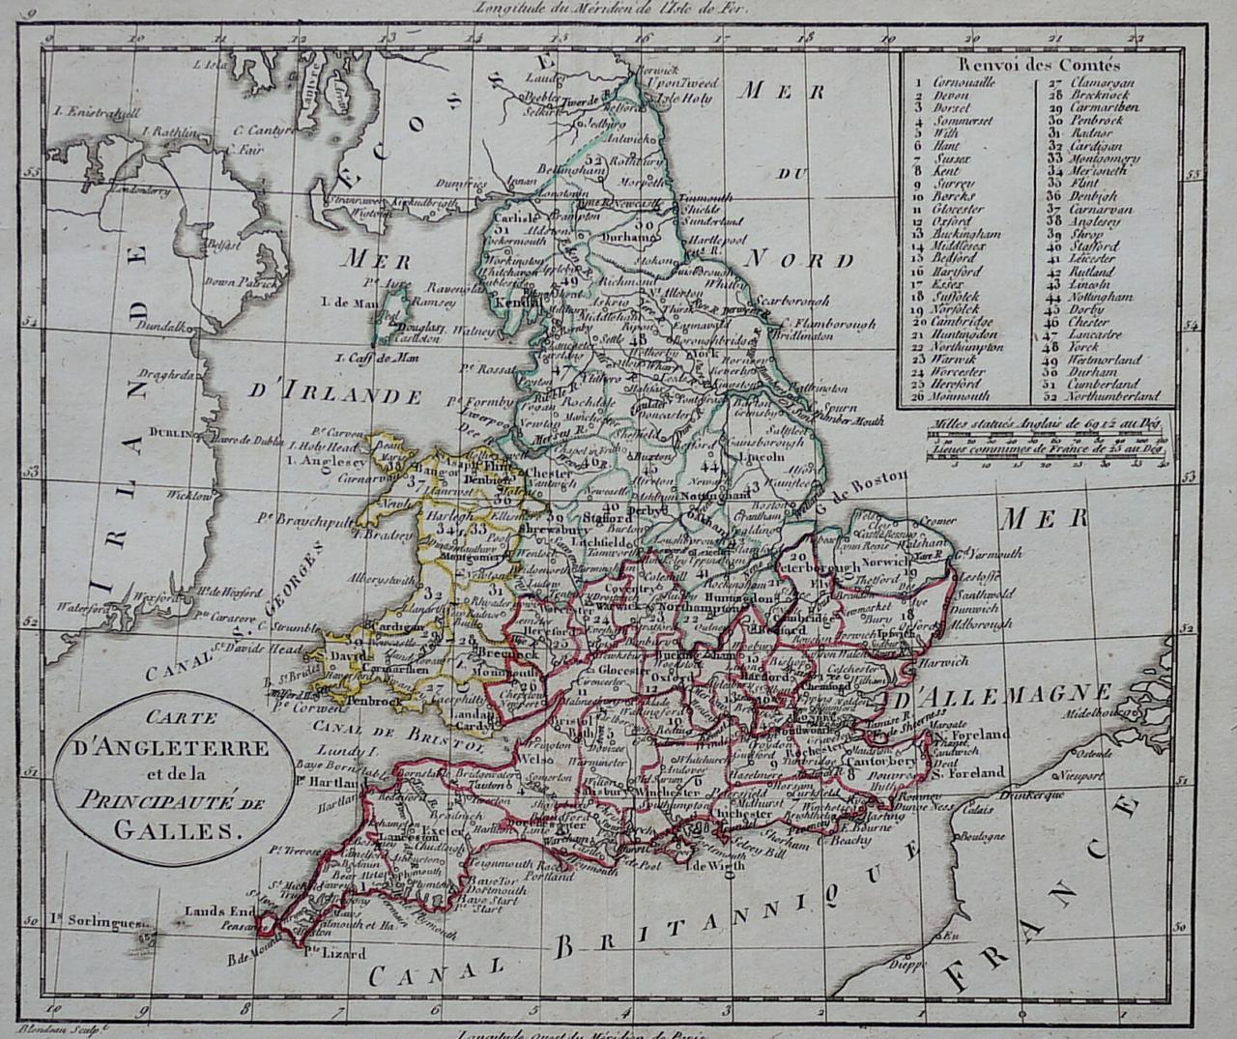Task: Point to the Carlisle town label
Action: pyautogui.click(x=513, y=218)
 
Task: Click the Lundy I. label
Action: pyautogui.click(x=347, y=749)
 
